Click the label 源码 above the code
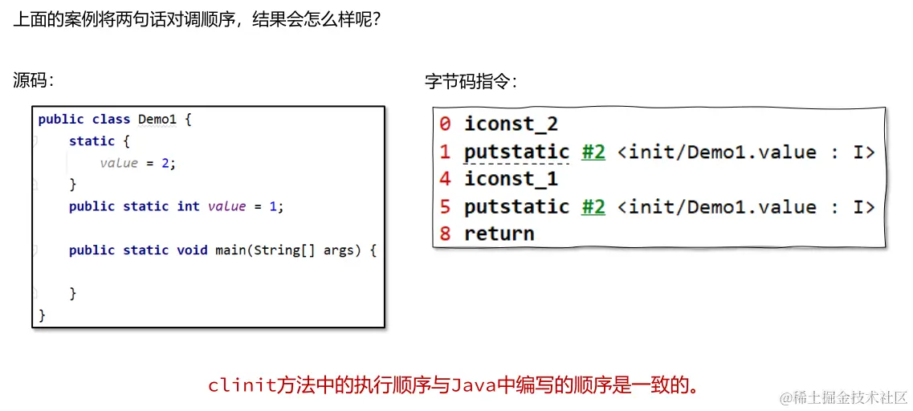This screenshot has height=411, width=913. point(31,80)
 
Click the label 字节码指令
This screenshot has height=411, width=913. point(469,82)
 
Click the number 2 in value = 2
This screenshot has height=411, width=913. point(165,163)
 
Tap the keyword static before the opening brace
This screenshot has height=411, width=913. point(92,141)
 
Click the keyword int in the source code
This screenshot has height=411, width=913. point(188,206)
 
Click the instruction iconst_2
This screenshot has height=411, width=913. point(511,124)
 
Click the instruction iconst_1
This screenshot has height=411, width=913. point(511,179)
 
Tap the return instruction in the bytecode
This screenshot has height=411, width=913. point(499,234)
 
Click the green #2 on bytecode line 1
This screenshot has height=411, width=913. point(593,152)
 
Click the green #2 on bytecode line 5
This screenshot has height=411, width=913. point(593,206)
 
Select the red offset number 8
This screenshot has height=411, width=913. point(445,234)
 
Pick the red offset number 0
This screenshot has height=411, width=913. point(445,124)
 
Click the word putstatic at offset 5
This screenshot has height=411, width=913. point(516,206)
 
